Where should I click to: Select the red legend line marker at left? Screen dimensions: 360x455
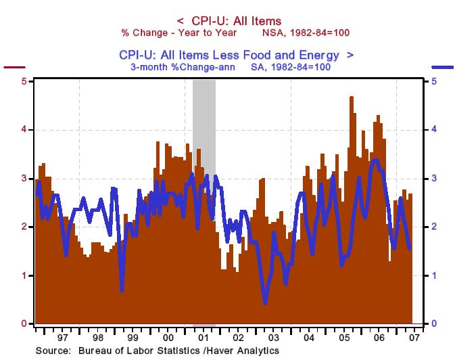14,68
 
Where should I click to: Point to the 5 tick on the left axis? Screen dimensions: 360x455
25,81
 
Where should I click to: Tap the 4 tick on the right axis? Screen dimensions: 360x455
429,130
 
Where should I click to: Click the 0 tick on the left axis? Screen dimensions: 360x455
25,324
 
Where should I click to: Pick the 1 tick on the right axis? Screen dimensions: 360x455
429,275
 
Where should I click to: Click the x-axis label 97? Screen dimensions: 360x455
63,336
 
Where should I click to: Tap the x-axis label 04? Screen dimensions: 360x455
308,336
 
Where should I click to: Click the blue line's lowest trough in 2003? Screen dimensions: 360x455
265,302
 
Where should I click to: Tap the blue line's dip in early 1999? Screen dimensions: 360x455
122,290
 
